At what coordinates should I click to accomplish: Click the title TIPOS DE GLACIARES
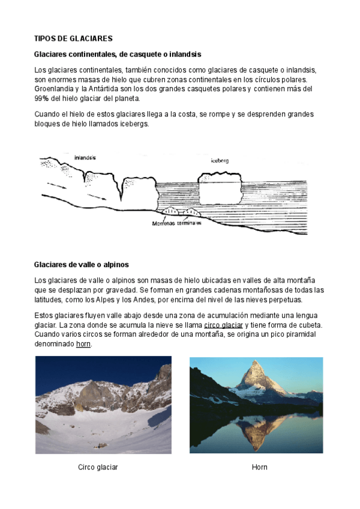click(73, 38)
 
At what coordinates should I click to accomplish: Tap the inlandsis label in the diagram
click(85, 158)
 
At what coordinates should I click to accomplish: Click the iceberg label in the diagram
click(220, 161)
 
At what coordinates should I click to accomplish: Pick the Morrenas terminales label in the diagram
click(176, 223)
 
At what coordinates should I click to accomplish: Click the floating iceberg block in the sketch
click(218, 189)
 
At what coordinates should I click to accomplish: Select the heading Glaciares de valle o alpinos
click(82, 264)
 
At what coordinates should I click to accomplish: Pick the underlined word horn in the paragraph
click(83, 344)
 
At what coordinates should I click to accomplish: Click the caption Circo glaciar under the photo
click(98, 467)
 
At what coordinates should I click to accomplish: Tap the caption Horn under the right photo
click(260, 467)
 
